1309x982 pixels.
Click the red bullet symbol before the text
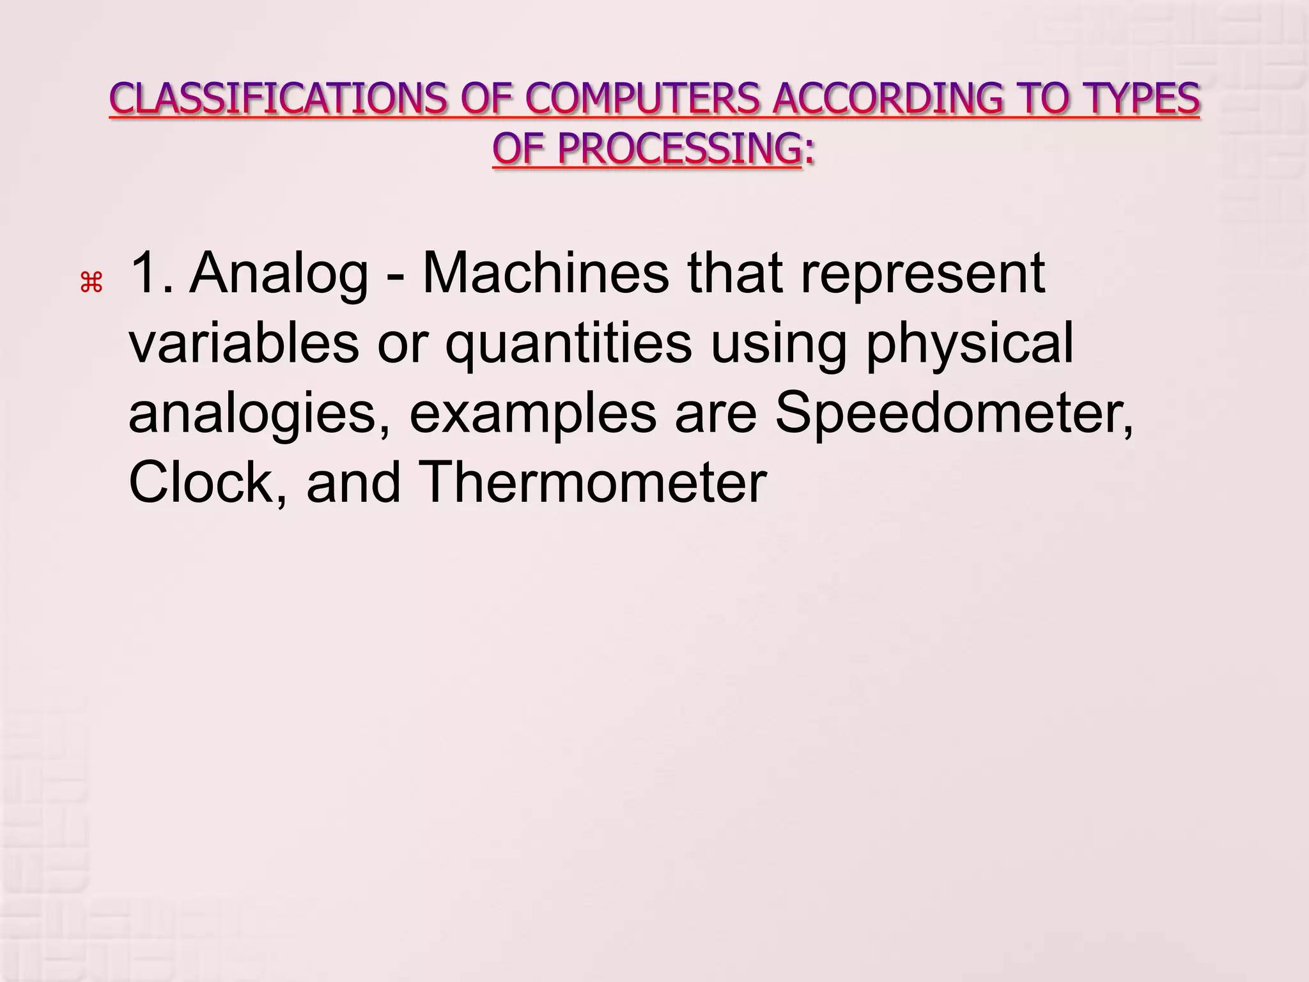(91, 282)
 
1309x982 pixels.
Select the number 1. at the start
(151, 274)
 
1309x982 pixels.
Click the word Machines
(545, 274)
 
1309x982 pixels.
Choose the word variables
(244, 343)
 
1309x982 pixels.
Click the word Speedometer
(952, 413)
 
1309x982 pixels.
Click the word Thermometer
(592, 483)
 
